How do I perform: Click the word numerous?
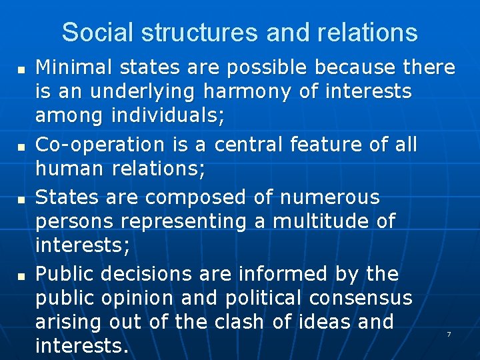329,197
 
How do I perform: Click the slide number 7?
449,334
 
